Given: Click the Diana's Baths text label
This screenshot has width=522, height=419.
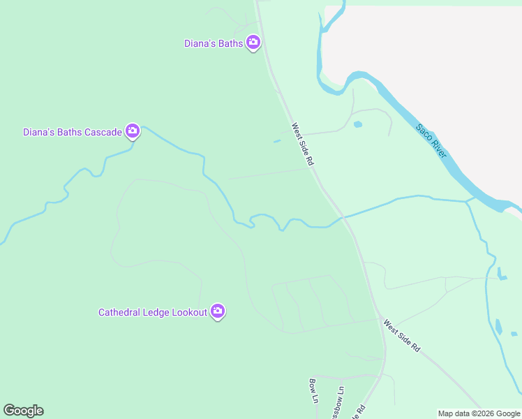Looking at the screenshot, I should [x=214, y=43].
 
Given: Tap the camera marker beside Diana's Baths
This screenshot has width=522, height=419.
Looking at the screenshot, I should [x=253, y=43].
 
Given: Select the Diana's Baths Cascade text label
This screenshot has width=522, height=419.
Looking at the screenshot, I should [x=73, y=132].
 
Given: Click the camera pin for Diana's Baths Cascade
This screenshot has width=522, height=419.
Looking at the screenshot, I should [x=133, y=131].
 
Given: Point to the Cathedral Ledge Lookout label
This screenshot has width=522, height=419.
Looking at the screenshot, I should [x=152, y=313].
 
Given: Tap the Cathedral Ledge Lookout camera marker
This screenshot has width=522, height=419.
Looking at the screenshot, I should [x=218, y=311].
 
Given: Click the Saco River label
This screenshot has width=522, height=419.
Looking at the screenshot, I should [x=431, y=140].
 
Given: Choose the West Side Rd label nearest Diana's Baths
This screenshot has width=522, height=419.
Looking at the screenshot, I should [x=303, y=145].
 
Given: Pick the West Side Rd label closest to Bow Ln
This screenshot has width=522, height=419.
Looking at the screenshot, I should [x=401, y=335].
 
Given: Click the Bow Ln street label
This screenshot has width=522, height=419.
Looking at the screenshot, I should [x=313, y=391].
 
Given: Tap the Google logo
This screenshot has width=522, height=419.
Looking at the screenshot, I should [x=23, y=411].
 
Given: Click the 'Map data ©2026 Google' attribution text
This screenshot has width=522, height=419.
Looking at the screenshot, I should [x=479, y=413].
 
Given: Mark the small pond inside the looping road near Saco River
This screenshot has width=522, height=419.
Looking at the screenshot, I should [x=358, y=124].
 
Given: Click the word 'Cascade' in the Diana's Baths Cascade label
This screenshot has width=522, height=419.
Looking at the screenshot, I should [x=101, y=132].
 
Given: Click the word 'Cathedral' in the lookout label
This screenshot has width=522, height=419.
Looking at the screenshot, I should [x=119, y=313].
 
